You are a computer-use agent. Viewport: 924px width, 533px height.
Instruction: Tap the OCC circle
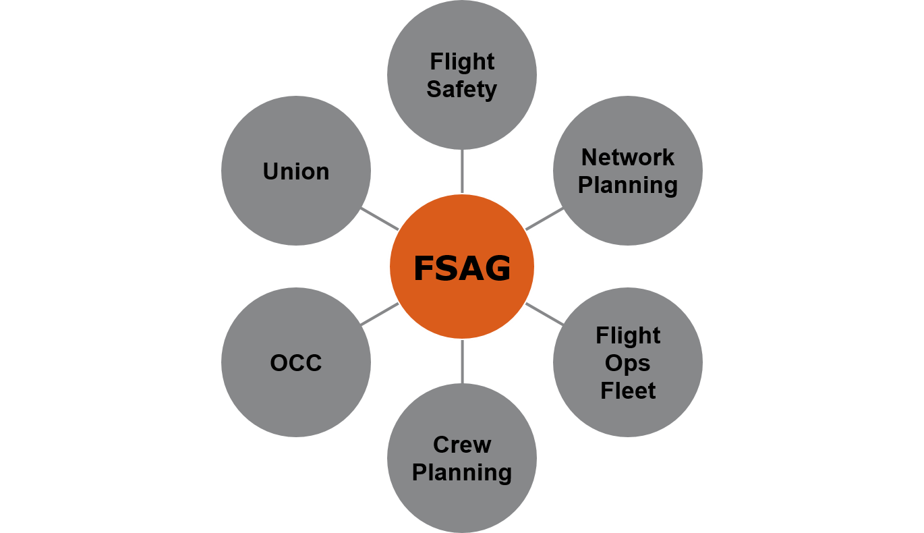tap(296, 398)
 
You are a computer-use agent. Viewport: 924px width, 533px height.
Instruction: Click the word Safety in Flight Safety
tap(462, 89)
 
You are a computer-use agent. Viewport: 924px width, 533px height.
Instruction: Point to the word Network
tap(628, 157)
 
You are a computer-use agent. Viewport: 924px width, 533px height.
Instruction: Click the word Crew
tap(462, 445)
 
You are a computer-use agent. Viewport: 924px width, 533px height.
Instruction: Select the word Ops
tap(628, 363)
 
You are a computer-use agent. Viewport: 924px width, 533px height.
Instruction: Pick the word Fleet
tap(628, 391)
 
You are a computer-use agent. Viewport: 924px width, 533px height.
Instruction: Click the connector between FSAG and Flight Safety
tap(462, 171)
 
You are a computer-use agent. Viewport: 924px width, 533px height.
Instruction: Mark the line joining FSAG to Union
tap(380, 219)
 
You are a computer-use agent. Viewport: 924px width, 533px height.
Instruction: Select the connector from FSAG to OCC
tap(380, 314)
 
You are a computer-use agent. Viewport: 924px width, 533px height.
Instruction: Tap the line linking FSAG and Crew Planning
tap(462, 362)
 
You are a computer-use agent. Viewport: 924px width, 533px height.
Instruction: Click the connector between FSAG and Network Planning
tap(544, 219)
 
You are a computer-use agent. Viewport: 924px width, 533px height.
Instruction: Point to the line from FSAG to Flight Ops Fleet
tap(544, 314)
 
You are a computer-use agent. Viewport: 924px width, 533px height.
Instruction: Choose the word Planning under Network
tap(628, 185)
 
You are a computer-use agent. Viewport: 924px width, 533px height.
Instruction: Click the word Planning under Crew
tap(462, 472)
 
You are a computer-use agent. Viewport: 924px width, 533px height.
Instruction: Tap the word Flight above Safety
tap(462, 61)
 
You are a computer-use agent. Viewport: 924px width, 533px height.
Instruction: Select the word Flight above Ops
tap(628, 335)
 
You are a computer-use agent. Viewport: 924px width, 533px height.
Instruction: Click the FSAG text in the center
tap(462, 269)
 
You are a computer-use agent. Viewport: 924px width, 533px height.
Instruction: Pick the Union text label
tap(296, 171)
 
